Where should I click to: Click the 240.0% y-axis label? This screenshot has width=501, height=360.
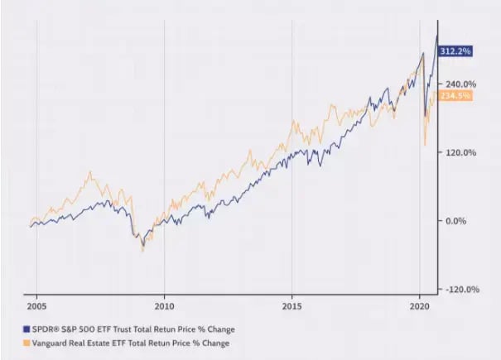click(461, 84)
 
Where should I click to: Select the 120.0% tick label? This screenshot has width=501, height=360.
click(461, 152)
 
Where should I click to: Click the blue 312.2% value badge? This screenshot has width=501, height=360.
click(455, 50)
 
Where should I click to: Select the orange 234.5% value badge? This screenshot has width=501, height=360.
click(455, 96)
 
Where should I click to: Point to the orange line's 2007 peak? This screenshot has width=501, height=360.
click(90, 172)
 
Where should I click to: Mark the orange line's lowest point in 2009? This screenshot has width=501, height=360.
click(142, 250)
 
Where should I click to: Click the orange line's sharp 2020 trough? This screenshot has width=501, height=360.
click(425, 146)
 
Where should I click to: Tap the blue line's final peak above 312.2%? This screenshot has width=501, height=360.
click(436, 35)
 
